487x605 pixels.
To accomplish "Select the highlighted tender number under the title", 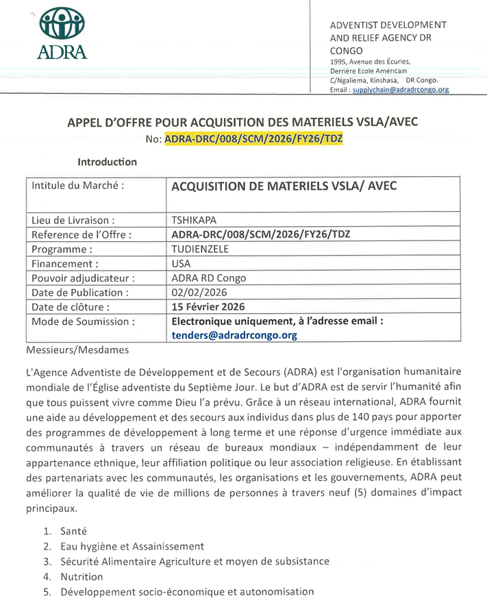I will coord(253,138).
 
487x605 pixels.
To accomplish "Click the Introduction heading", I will coord(107,162).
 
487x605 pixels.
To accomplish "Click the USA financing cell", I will coord(182,263).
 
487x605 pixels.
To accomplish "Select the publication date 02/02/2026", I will coord(200,292).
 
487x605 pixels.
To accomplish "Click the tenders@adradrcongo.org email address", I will coord(234,335).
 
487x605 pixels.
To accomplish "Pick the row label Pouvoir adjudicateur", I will coord(83,277).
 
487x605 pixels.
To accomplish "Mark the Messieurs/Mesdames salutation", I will coord(77,350).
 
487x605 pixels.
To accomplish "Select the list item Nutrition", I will coord(82,576).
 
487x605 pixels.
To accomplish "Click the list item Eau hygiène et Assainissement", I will coord(132,546).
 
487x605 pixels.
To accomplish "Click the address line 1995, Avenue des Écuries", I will coord(371,62).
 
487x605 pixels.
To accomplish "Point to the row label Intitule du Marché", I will coord(78,186).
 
